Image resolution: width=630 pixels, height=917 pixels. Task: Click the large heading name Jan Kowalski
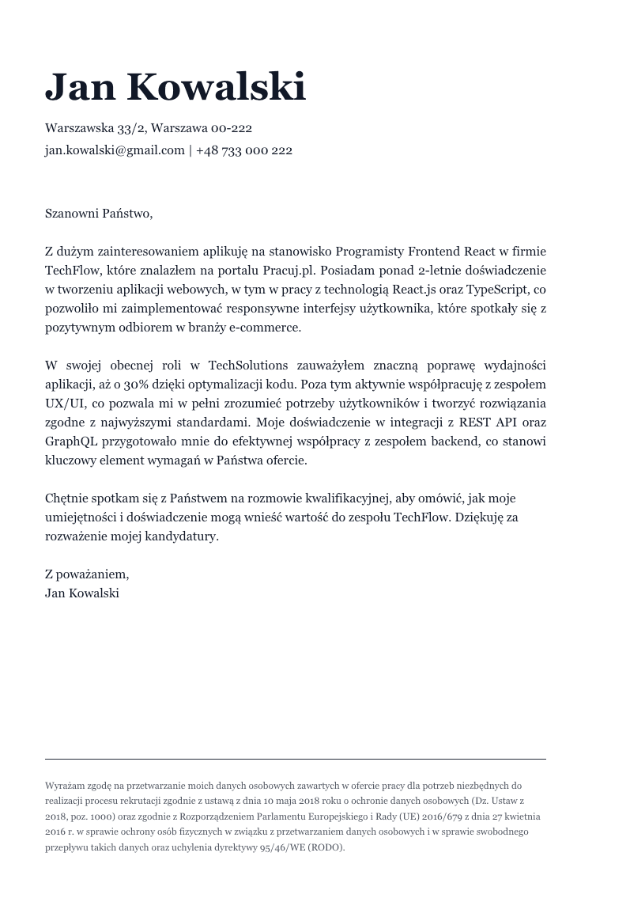pyautogui.click(x=175, y=86)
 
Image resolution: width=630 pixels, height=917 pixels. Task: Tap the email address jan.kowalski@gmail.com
pyautogui.click(x=115, y=150)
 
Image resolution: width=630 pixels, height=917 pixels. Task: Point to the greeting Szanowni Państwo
pyautogui.click(x=98, y=213)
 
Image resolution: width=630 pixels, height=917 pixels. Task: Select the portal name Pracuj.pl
pyautogui.click(x=289, y=271)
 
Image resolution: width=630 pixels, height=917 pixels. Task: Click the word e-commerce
pyautogui.click(x=264, y=328)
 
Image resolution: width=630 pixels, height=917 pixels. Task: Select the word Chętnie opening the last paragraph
pyautogui.click(x=66, y=498)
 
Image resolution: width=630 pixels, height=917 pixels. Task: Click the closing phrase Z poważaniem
pyautogui.click(x=86, y=574)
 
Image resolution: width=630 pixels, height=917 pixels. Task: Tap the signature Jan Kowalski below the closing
pyautogui.click(x=82, y=593)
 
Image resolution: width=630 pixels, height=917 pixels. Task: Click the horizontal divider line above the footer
pyautogui.click(x=295, y=760)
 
